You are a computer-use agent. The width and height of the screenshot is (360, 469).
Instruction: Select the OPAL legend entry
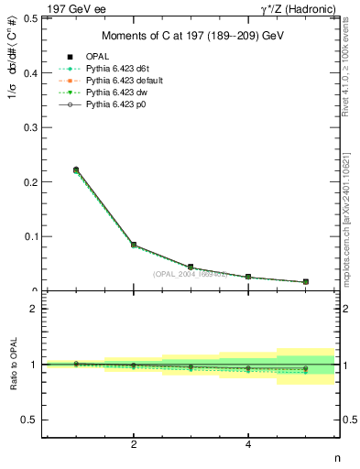coord(96,57)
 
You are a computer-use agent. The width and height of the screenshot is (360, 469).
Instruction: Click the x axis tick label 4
coord(248,444)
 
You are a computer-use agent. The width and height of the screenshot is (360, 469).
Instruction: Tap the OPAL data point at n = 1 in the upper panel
coord(76,169)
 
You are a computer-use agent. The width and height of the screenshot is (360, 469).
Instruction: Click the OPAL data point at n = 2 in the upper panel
coord(134,245)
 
